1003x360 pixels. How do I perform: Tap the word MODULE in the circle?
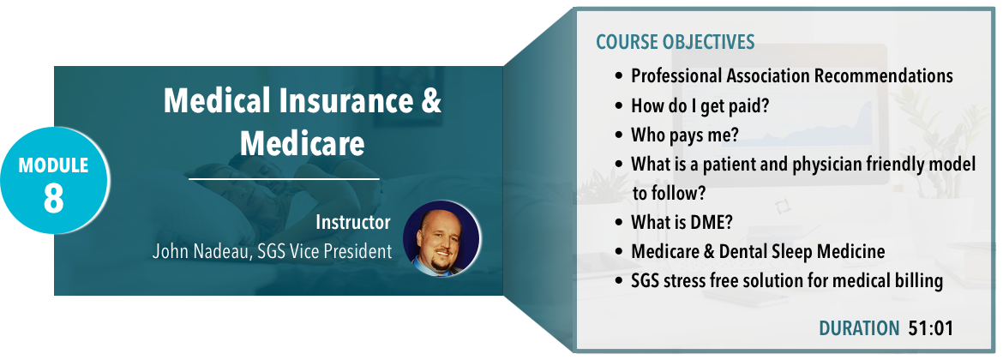click(x=53, y=165)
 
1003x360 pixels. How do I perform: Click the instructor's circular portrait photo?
click(x=442, y=239)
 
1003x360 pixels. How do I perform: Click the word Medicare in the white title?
click(x=303, y=144)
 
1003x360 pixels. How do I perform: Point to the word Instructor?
click(x=353, y=222)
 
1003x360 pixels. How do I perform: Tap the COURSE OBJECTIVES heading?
click(x=676, y=42)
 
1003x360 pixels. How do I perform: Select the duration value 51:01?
click(x=931, y=328)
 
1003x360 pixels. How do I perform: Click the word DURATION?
click(x=859, y=328)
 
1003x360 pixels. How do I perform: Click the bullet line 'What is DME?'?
click(x=682, y=222)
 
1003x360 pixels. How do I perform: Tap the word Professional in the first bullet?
click(x=676, y=76)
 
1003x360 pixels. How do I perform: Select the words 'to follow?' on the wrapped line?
click(x=669, y=193)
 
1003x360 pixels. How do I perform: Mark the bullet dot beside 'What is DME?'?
click(x=619, y=223)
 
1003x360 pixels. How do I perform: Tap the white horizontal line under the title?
click(x=284, y=180)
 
